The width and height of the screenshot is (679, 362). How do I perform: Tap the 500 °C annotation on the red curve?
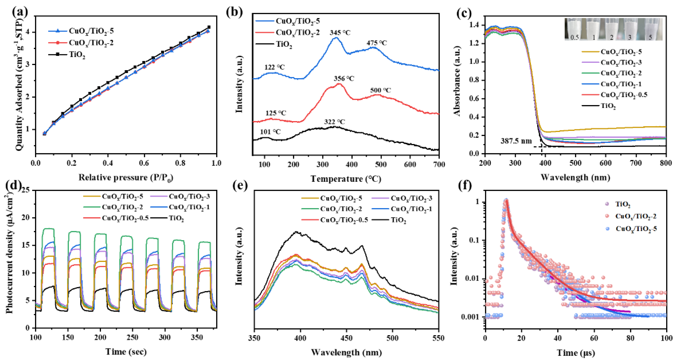point(380,90)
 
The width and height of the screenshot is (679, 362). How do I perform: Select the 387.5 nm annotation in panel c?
point(516,141)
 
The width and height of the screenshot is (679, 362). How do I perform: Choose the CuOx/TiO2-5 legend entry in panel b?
point(298,21)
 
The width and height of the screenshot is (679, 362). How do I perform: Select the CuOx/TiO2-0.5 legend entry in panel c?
point(624,95)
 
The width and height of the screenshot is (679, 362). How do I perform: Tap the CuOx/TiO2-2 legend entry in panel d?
point(122,207)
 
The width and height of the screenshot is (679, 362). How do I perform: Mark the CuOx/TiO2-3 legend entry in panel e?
point(411,198)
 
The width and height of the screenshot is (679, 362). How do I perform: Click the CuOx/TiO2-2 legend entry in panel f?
point(635,216)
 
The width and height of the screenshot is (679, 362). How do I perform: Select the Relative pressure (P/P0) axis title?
point(126,178)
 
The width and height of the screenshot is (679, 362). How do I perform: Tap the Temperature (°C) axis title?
point(346,179)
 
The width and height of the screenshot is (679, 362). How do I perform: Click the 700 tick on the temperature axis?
point(439,165)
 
